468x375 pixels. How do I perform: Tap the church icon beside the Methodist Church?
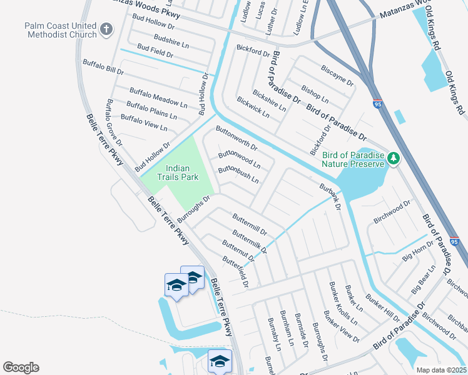(x=106, y=29)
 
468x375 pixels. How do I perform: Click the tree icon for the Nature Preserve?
(x=393, y=159)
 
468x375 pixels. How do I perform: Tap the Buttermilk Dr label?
(x=249, y=241)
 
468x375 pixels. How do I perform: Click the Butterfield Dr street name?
(x=235, y=271)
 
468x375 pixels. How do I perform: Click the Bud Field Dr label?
(x=155, y=51)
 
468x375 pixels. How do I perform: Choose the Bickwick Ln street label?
(x=253, y=107)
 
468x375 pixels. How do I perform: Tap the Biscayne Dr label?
(x=337, y=75)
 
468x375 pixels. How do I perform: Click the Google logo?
(x=21, y=367)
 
